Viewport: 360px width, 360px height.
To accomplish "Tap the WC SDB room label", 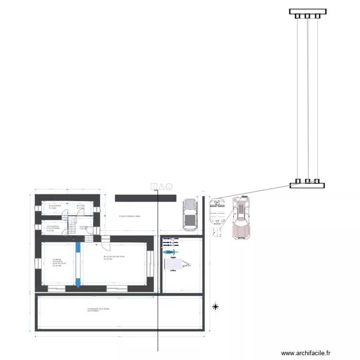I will [x=80, y=207].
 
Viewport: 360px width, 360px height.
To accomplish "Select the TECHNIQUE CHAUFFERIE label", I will [x=52, y=228].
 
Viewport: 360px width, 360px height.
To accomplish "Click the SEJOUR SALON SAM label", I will [x=114, y=258].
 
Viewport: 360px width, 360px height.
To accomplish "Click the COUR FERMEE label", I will [x=130, y=216].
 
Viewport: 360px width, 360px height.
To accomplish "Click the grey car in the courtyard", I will [x=190, y=215].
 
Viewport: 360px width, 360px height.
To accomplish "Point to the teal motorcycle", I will [x=170, y=252].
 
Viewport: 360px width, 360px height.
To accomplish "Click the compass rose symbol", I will [x=216, y=306].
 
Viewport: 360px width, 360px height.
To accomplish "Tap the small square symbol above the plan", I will [x=154, y=187].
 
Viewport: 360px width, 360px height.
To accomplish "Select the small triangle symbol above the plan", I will [x=162, y=186].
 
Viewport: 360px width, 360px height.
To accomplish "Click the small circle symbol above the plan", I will [x=169, y=186].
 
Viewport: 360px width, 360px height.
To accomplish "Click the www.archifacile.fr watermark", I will [x=306, y=353].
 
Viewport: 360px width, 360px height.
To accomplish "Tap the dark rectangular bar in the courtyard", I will [x=145, y=198].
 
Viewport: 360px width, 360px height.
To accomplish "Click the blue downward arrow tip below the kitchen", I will [x=78, y=286].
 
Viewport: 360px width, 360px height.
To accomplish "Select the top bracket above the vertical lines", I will [x=308, y=12].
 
